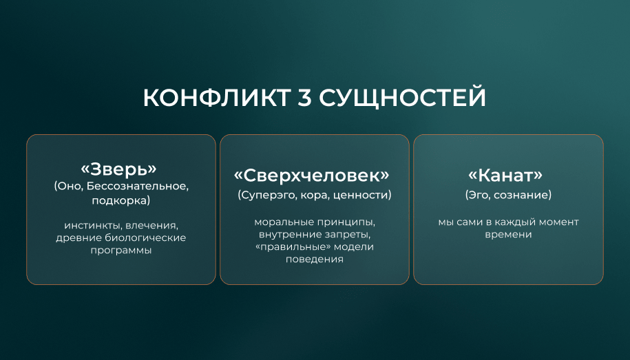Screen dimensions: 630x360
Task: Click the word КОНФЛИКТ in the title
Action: pyautogui.click(x=217, y=97)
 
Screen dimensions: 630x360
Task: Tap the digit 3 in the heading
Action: pyautogui.click(x=305, y=97)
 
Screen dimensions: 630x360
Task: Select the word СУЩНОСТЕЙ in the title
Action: pyautogui.click(x=403, y=98)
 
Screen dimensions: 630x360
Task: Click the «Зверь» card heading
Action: pyautogui.click(x=118, y=169)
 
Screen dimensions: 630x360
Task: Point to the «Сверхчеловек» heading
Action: pyautogui.click(x=312, y=176)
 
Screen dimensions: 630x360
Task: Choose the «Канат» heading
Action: pyautogui.click(x=505, y=175)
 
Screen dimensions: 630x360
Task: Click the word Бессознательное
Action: pyautogui.click(x=138, y=187)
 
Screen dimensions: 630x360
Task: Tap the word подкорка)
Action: pyautogui.click(x=121, y=200)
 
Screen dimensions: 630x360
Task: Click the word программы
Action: pyautogui.click(x=121, y=251)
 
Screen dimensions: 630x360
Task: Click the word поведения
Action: pyautogui.click(x=315, y=259)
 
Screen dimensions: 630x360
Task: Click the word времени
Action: pyautogui.click(x=508, y=234)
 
